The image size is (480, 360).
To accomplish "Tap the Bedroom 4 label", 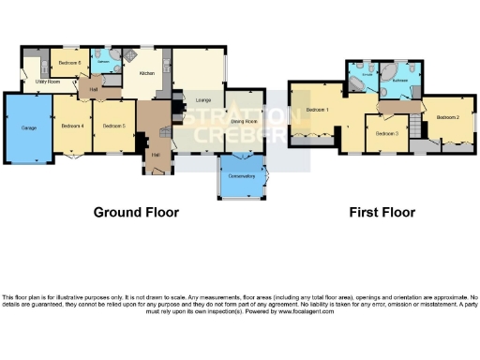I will click(x=72, y=126).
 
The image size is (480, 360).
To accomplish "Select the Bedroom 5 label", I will click(x=113, y=126).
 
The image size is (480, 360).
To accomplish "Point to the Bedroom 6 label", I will click(x=67, y=63).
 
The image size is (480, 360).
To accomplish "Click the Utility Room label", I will click(x=48, y=82).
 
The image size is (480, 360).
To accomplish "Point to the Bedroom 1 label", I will click(x=316, y=111).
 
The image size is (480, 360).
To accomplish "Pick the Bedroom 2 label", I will click(x=447, y=117).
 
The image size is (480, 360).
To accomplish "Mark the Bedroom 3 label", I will click(x=386, y=134).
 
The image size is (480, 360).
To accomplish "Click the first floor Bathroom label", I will click(x=400, y=82).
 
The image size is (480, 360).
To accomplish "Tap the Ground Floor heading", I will click(x=136, y=213).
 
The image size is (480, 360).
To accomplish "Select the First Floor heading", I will click(x=382, y=213).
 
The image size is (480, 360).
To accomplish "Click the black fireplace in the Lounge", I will click(x=166, y=94).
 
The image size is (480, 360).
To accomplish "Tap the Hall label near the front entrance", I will click(x=155, y=154).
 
